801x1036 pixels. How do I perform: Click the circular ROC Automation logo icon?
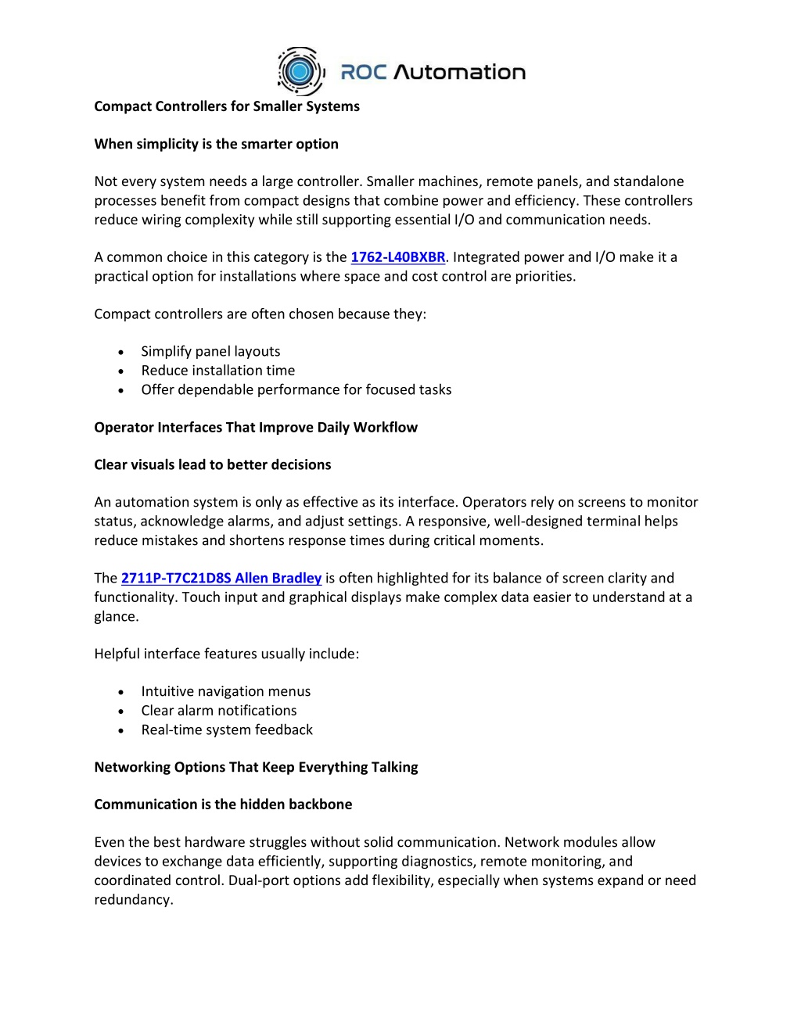click(300, 71)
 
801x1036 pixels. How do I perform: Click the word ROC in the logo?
click(364, 73)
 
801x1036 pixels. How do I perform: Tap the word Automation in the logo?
click(459, 73)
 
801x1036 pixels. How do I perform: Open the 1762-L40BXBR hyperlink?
click(397, 257)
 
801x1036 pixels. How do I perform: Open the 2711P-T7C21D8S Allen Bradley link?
click(221, 578)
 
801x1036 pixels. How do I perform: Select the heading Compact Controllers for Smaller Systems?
click(227, 106)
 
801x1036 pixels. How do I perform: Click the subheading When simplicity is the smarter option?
click(217, 144)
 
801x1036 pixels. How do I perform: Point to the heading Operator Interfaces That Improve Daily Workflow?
click(256, 427)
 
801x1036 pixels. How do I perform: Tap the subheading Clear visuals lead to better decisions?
click(213, 464)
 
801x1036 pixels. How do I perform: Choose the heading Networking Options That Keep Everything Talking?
click(256, 767)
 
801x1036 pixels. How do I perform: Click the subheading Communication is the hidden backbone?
click(223, 805)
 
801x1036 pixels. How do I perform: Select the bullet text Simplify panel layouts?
click(210, 352)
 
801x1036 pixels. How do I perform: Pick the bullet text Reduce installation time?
click(218, 371)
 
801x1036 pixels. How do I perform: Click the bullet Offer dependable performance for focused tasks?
click(296, 389)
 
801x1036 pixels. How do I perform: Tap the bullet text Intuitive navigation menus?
click(226, 691)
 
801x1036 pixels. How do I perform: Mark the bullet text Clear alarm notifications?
click(219, 711)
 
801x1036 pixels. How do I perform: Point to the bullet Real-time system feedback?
click(227, 730)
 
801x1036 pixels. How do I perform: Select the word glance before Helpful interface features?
click(115, 617)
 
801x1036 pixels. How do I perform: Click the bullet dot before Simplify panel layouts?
click(121, 353)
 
